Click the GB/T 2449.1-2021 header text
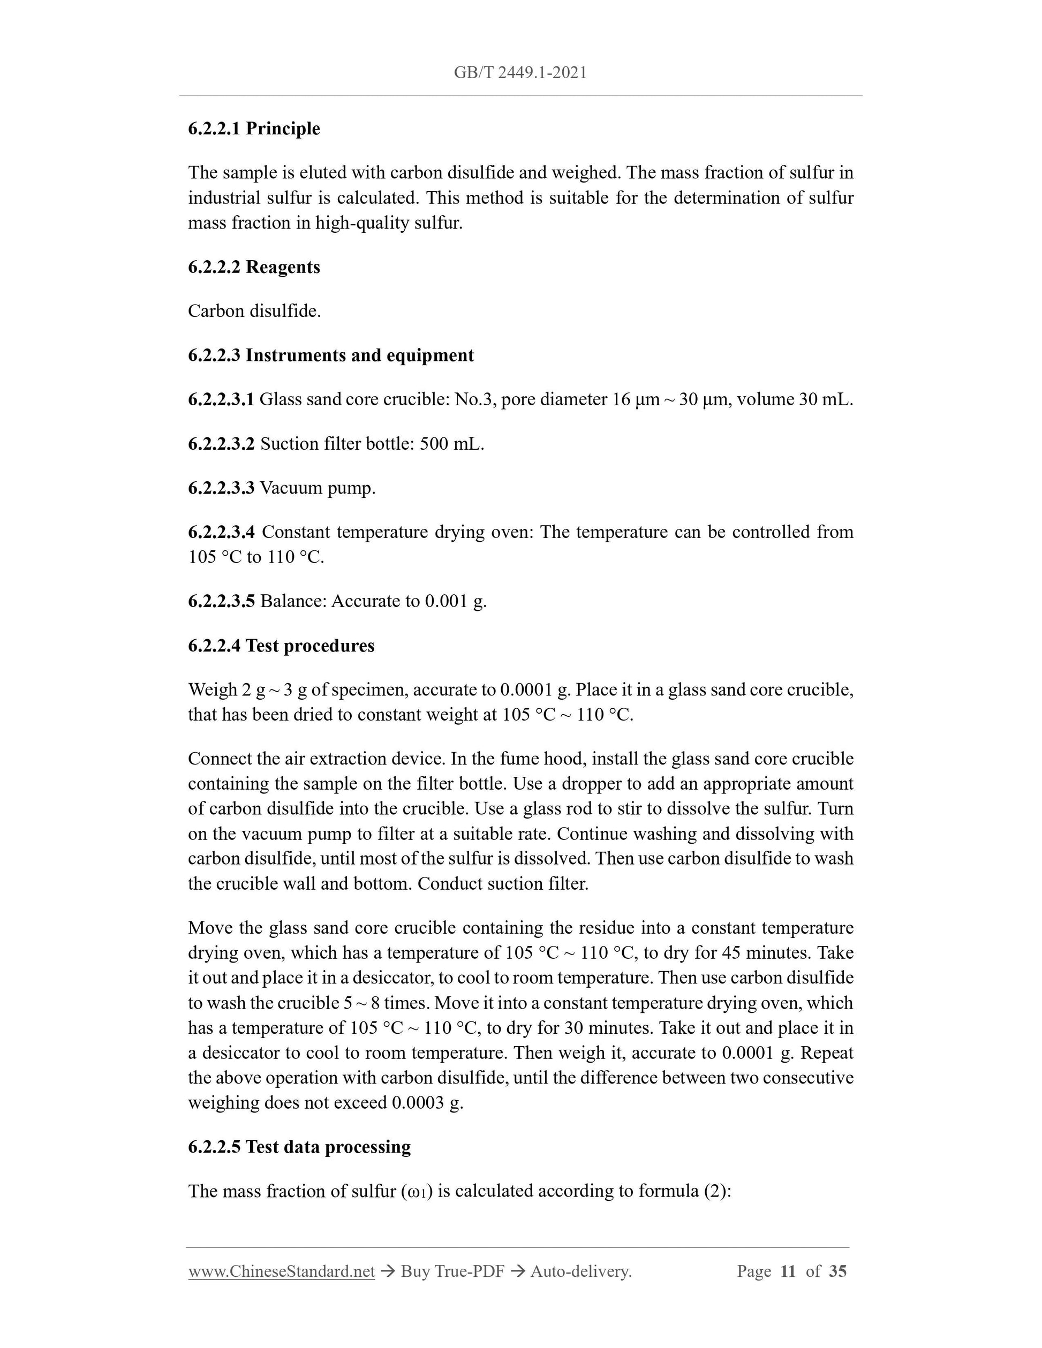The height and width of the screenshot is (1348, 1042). point(520,73)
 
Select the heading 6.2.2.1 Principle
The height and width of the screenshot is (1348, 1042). point(254,128)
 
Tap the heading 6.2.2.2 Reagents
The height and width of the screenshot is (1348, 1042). point(254,267)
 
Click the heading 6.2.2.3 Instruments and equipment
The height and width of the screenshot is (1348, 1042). point(331,355)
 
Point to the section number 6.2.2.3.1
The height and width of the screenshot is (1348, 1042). point(221,399)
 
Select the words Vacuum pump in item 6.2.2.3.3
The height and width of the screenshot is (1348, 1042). point(318,488)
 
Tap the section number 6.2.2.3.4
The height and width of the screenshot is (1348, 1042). point(221,532)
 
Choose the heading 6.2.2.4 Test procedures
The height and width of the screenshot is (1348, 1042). point(281,645)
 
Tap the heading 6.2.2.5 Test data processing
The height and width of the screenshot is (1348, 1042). point(299,1146)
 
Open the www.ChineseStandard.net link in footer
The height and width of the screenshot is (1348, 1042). point(282,1271)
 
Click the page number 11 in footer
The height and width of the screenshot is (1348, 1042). point(788,1271)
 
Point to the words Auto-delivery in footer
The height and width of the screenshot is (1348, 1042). point(580,1271)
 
